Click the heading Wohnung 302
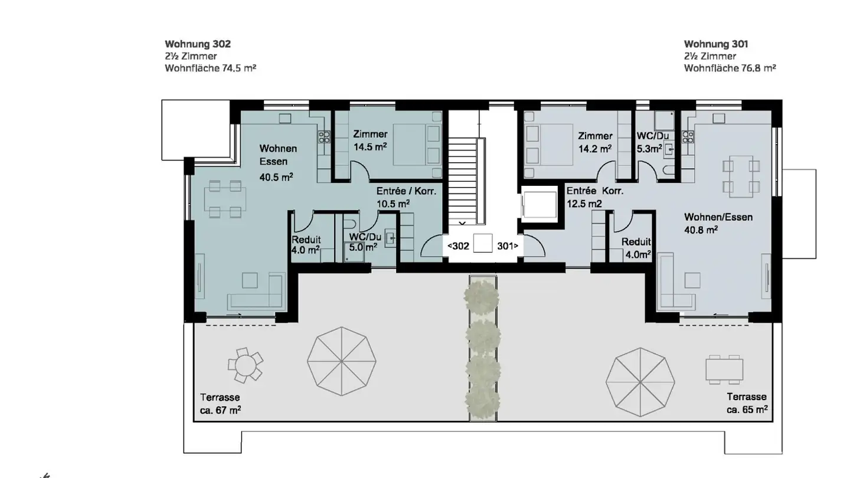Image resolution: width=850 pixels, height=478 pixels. click(198, 44)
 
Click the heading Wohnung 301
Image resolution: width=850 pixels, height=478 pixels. click(716, 44)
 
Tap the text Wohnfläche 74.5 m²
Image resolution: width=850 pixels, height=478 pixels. click(210, 68)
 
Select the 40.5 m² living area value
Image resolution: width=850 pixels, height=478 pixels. click(276, 177)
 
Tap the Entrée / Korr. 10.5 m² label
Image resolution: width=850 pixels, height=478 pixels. click(406, 197)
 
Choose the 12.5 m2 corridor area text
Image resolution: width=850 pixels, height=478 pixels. click(584, 204)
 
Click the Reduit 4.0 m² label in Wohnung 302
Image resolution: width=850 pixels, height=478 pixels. click(306, 245)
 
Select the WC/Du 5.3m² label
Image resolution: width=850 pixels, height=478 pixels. click(653, 142)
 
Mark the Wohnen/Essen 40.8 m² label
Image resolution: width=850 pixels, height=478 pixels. click(718, 224)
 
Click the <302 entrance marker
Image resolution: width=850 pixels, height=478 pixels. click(459, 246)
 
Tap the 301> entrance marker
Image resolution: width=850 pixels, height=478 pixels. click(508, 246)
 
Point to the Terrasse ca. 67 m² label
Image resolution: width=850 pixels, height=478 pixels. click(221, 404)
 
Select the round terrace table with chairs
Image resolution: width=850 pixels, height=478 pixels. click(245, 365)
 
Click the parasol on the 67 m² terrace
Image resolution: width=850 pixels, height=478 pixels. click(342, 362)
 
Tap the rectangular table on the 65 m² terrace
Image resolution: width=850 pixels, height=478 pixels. click(724, 369)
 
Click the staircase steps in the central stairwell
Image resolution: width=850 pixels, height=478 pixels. click(462, 181)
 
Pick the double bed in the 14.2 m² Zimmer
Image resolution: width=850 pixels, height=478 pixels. click(548, 145)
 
